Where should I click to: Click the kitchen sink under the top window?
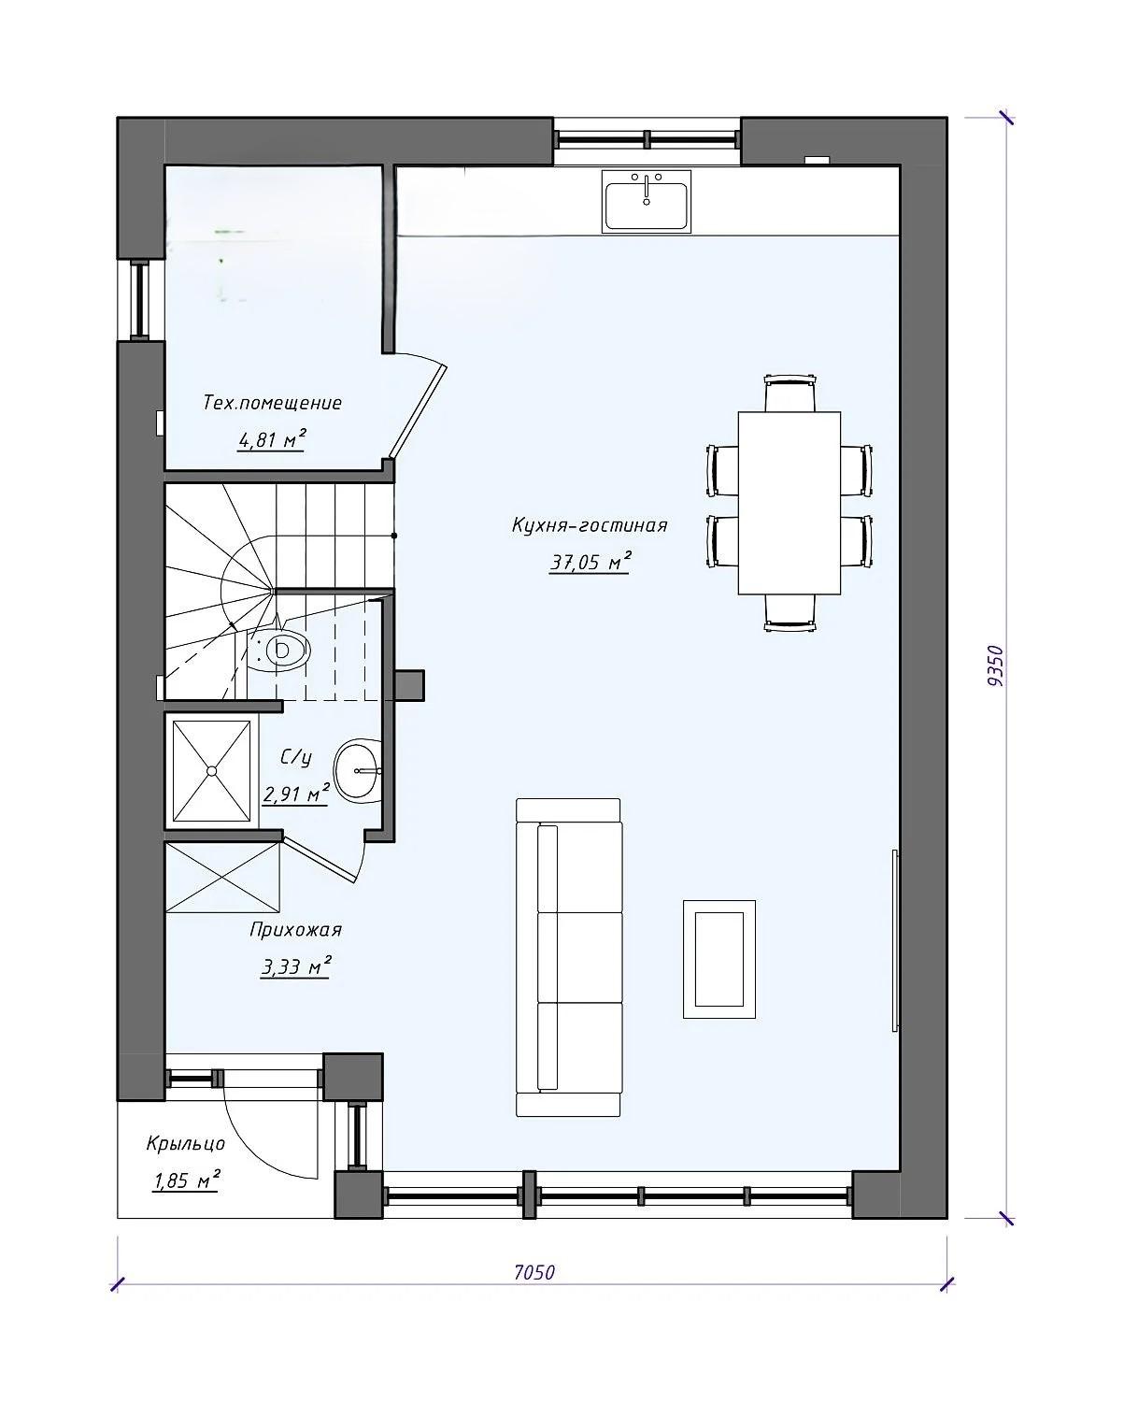(646, 201)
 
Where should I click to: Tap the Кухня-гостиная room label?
(590, 525)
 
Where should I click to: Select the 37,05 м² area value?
(590, 561)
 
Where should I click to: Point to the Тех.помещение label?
(273, 403)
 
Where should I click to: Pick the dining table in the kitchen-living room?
(789, 502)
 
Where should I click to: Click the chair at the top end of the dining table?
(790, 393)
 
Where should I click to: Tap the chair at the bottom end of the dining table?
(790, 612)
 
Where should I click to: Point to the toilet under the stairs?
(280, 650)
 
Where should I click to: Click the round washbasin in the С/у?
(358, 769)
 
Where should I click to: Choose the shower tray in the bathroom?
(212, 771)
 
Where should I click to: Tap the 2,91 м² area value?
(296, 794)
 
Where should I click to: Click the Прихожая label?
(295, 930)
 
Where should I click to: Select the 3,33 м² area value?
(296, 966)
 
